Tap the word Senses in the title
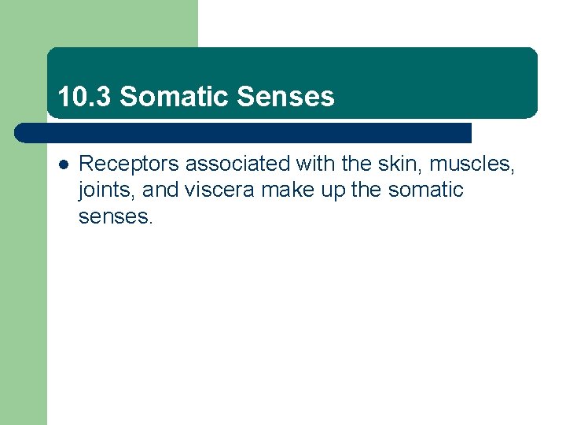point(285,97)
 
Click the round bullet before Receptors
point(64,164)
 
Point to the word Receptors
point(129,164)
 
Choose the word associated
point(237,164)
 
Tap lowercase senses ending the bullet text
point(115,216)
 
